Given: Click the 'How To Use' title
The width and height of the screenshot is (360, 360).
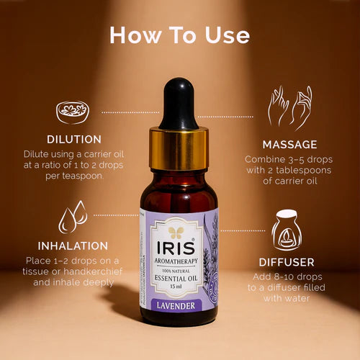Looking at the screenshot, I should coord(180,35).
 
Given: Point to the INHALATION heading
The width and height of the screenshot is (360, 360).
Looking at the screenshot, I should coord(63,246).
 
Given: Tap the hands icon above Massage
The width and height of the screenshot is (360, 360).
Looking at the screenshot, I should coord(289,107).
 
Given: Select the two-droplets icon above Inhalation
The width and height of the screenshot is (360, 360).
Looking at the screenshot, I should coord(73,216).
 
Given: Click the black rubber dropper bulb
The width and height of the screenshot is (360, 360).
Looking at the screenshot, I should coord(179,108).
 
